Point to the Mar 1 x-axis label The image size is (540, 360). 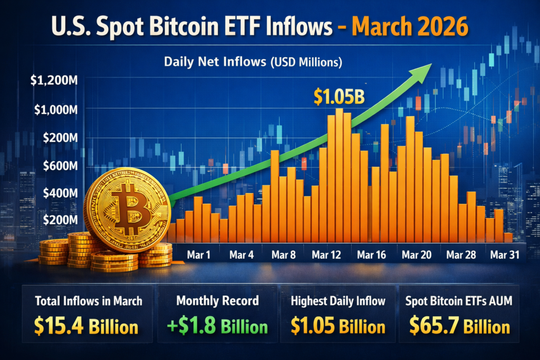pos(198,255)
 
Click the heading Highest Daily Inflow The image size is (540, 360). pos(337,301)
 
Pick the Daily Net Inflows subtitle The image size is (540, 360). pos(253,62)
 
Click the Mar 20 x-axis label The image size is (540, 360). pos(416,255)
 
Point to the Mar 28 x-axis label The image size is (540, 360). pos(461,255)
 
